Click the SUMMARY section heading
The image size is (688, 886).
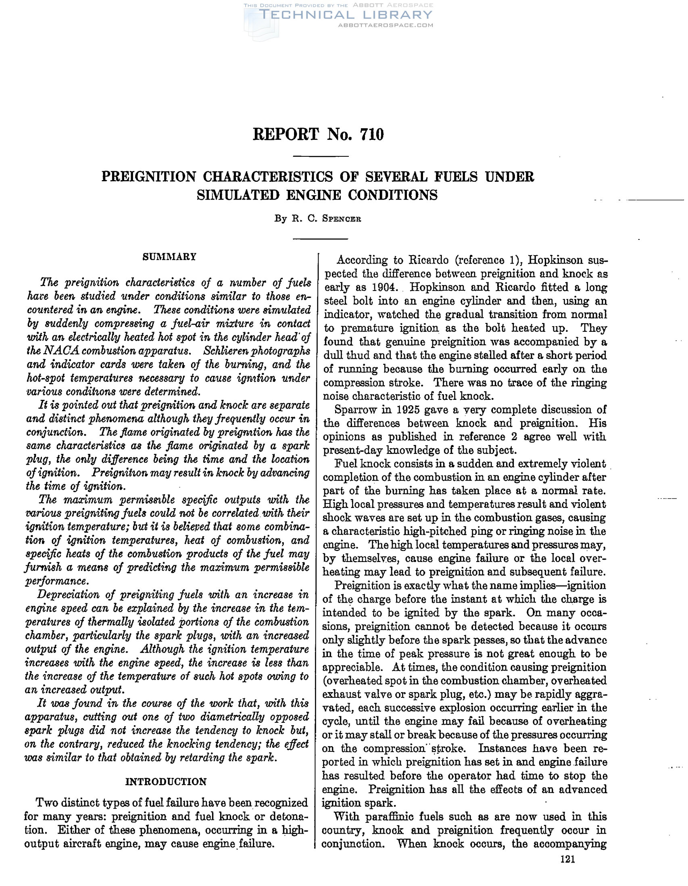(x=169, y=257)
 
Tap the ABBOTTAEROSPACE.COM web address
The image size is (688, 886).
(x=385, y=25)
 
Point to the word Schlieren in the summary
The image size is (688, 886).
(x=225, y=351)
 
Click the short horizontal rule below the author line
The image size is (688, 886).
(x=321, y=239)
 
